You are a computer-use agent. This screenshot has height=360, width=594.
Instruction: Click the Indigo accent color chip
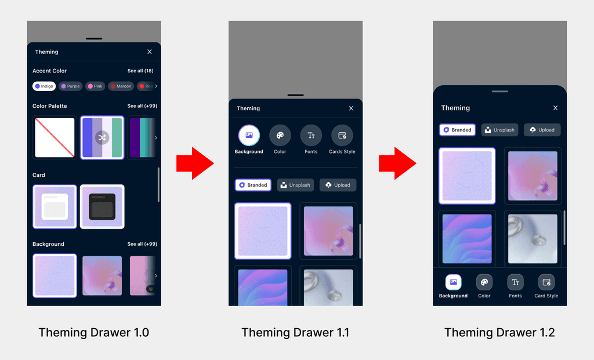tap(44, 86)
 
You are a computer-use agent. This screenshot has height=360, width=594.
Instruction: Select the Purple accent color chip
tap(70, 86)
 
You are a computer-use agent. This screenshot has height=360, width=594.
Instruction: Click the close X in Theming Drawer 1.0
tap(150, 52)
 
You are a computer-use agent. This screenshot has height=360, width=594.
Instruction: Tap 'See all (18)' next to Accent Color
tap(140, 71)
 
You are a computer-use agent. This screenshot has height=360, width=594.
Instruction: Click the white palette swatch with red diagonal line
tap(55, 138)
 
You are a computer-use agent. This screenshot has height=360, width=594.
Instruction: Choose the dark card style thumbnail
tap(102, 206)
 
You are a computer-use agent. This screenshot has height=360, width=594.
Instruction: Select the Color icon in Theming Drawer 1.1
tap(280, 136)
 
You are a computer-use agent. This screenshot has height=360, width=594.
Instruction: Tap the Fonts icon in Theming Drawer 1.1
tap(311, 136)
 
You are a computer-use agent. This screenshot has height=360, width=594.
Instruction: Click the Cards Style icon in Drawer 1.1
tap(342, 136)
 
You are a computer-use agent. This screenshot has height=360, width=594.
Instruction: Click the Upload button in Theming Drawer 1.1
tap(338, 185)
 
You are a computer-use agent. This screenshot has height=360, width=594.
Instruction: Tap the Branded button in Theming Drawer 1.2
tap(457, 130)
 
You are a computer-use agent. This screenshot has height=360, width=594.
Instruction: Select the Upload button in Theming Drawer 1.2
tap(542, 130)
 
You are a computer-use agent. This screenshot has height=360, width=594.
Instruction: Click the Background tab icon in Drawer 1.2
tap(453, 282)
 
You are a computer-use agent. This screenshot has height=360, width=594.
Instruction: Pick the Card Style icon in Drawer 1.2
tap(546, 282)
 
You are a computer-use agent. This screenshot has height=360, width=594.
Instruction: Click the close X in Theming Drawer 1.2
tap(555, 108)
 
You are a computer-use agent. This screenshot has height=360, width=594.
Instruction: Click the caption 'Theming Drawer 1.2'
tap(499, 333)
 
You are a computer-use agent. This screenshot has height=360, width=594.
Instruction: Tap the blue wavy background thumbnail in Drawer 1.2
tap(467, 239)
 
